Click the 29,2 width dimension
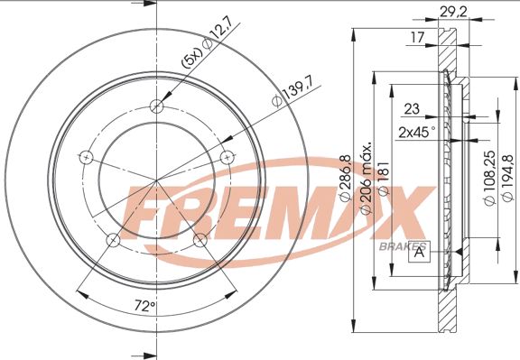point(453,12)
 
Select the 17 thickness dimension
point(417,37)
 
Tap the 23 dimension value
point(412,108)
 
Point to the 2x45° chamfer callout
point(417,133)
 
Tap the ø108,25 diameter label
point(489,178)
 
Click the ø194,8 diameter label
point(507,178)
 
